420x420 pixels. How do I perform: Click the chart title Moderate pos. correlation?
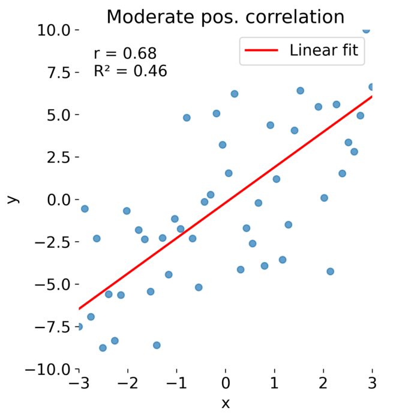click(x=225, y=17)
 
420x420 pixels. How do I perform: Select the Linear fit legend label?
click(x=323, y=50)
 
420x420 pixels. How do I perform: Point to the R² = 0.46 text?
click(x=130, y=71)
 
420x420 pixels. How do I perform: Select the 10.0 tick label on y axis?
click(x=55, y=29)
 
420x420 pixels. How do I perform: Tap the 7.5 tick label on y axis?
click(x=59, y=72)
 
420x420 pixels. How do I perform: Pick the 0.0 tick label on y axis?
click(x=59, y=199)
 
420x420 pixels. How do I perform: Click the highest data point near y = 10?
click(x=366, y=29)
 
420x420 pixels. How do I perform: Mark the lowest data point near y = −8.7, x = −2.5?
click(x=103, y=347)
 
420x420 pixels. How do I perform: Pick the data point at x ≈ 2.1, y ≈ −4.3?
click(x=330, y=271)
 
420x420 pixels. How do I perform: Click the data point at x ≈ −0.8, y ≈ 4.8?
click(x=187, y=118)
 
